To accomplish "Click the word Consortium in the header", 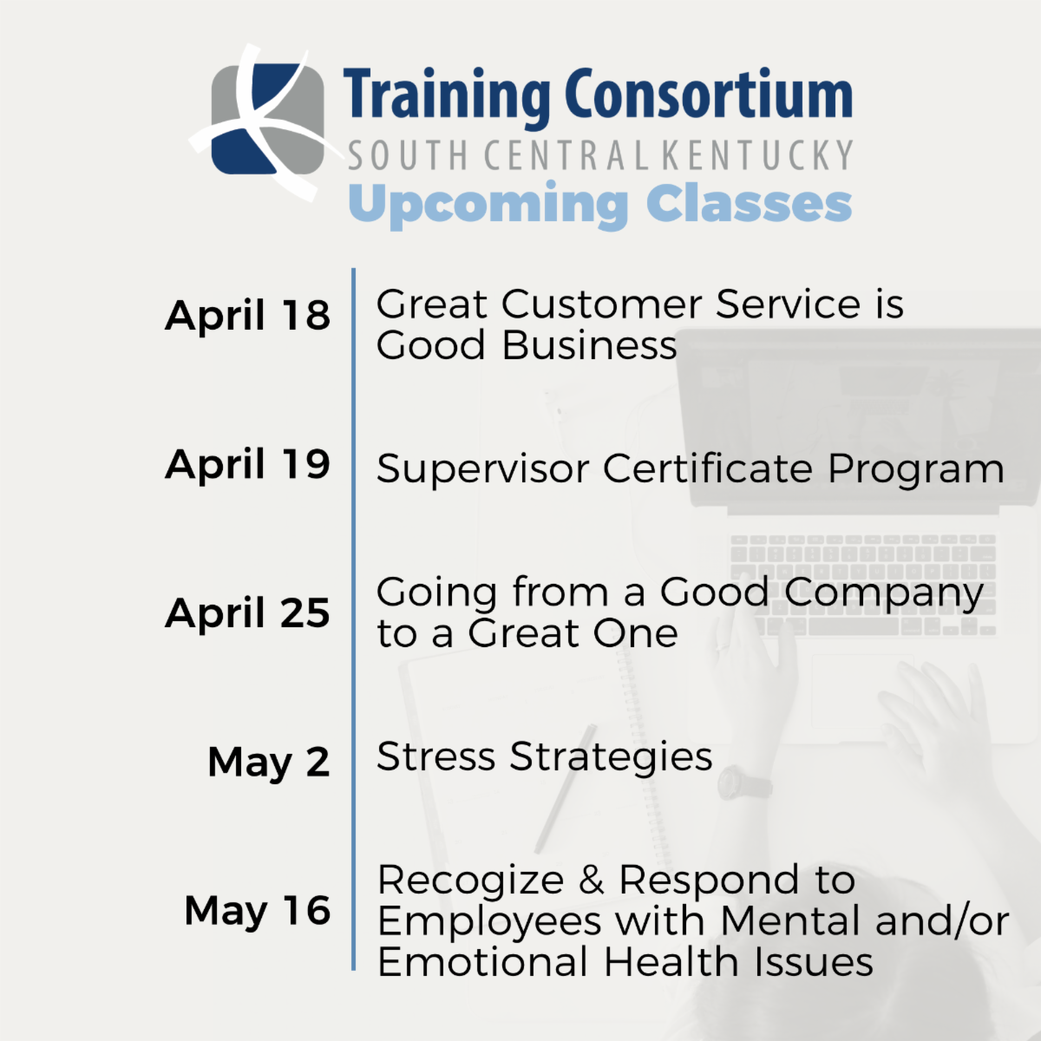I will pos(708,95).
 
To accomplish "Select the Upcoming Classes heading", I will pos(599,204).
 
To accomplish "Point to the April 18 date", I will pos(248,315).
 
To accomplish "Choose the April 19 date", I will pos(248,464).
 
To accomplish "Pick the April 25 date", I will pos(248,613).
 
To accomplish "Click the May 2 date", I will pos(269,763).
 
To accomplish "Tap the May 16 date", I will pos(258,911).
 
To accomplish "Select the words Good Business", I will pos(527,345).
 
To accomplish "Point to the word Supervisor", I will pos(483,469).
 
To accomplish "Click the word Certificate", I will pos(707,469).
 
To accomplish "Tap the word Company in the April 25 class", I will pos(884,594).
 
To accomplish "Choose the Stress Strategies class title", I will pos(544,757).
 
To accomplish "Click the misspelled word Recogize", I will pos(471,881).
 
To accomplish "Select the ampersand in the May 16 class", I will pos(591,881).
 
